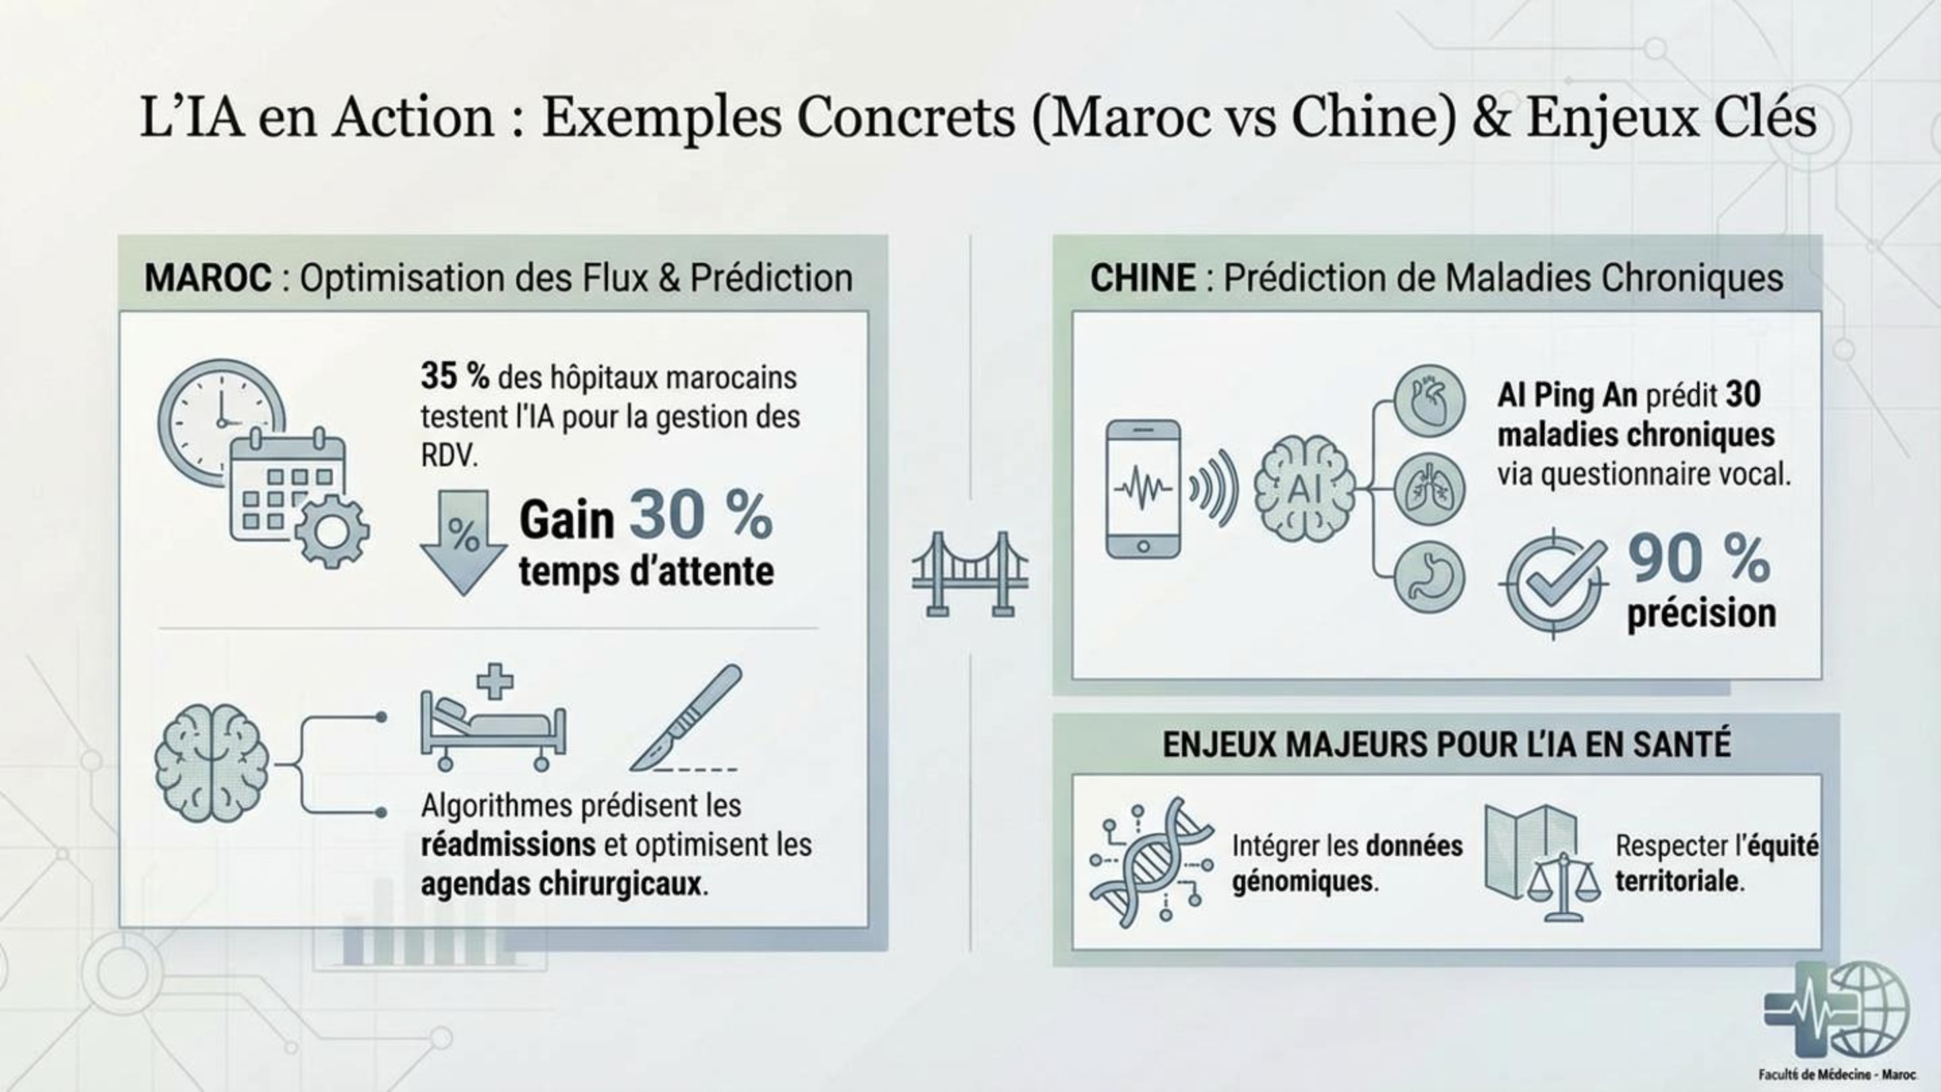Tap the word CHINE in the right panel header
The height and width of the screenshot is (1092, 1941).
click(x=1142, y=278)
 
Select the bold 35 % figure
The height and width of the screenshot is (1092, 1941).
click(x=454, y=376)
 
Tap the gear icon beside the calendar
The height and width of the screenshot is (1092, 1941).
click(x=332, y=531)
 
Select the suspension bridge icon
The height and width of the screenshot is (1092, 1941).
click(x=970, y=574)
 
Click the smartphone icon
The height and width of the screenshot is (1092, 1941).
click(x=1143, y=489)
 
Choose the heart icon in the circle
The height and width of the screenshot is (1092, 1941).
click(x=1429, y=401)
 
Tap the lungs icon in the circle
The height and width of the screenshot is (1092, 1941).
click(x=1429, y=489)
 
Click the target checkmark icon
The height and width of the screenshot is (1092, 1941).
click(x=1554, y=584)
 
